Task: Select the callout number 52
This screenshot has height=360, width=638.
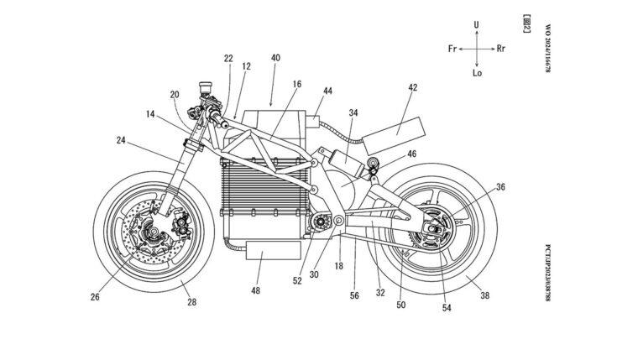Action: [296, 280]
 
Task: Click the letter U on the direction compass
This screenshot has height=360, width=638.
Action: [476, 26]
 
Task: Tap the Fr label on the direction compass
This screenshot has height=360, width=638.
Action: [452, 50]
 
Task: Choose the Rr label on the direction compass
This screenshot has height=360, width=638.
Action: [501, 50]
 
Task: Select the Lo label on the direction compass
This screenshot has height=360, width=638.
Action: [476, 74]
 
